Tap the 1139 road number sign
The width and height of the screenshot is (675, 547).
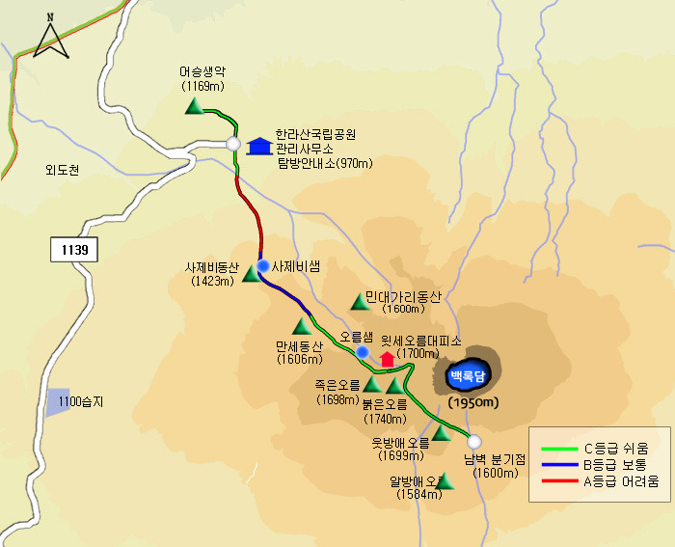pyautogui.click(x=74, y=250)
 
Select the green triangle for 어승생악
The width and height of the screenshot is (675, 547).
pyautogui.click(x=194, y=107)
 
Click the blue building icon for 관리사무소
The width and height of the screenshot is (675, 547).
pyautogui.click(x=258, y=146)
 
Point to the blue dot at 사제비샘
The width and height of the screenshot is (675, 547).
pyautogui.click(x=262, y=265)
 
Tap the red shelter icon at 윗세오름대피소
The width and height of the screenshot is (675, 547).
pyautogui.click(x=388, y=359)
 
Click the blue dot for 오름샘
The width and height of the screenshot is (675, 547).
pyautogui.click(x=362, y=352)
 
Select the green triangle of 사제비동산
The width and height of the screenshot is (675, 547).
pyautogui.click(x=251, y=275)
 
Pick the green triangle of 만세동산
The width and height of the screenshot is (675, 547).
pyautogui.click(x=302, y=326)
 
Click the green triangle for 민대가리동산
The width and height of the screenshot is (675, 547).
pyautogui.click(x=360, y=302)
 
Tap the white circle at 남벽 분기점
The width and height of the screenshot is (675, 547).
pyautogui.click(x=473, y=441)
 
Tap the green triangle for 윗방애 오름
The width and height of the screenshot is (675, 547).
pyautogui.click(x=441, y=433)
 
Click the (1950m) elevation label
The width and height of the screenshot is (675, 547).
pyautogui.click(x=472, y=402)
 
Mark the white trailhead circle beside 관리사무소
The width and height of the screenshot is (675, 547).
pyautogui.click(x=233, y=144)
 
